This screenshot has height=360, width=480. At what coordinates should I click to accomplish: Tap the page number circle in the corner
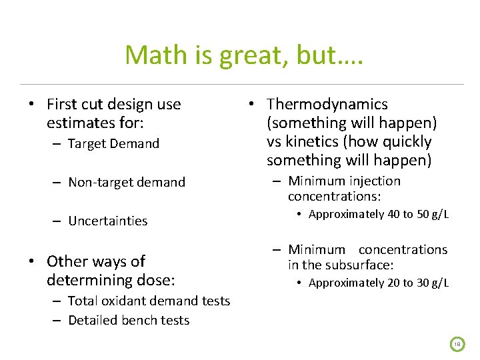pos(457,343)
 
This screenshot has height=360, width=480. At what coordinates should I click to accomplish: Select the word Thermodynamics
pos(327,104)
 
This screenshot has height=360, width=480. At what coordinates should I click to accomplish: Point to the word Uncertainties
pos(107,221)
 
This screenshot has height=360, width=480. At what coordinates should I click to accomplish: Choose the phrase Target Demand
pos(113,143)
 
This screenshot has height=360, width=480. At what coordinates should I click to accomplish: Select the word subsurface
pos(359,265)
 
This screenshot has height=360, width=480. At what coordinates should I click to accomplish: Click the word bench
pos(138,320)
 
